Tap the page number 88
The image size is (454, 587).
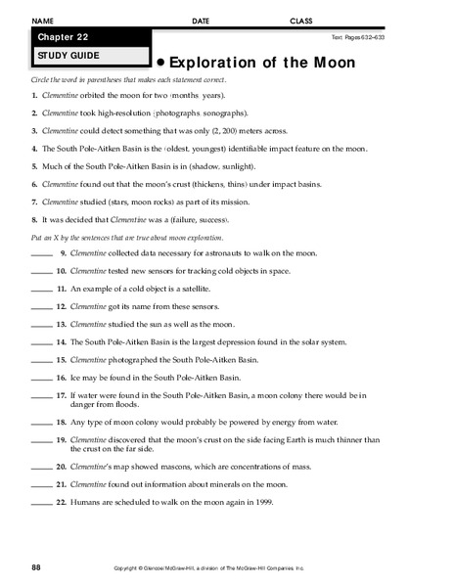[36, 567]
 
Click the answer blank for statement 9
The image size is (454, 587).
[42, 253]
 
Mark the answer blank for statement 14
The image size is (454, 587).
[42, 343]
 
